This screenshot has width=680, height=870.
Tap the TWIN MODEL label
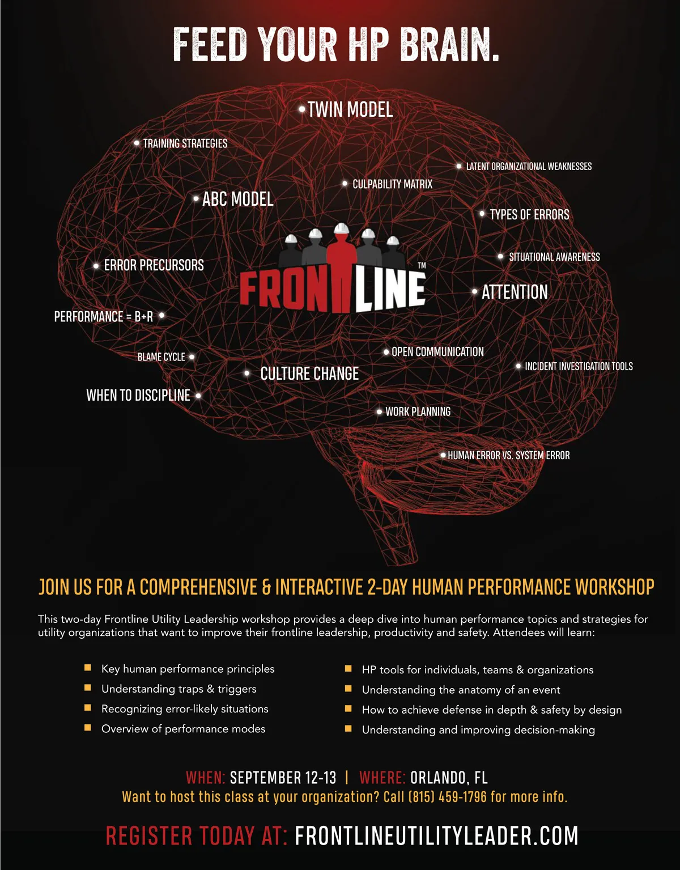tap(350, 109)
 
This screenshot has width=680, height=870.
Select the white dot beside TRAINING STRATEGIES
tap(137, 143)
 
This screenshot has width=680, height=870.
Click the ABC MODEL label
tap(237, 199)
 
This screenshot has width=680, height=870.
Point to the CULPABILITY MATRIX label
tap(392, 184)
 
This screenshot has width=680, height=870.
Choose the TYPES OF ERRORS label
tap(529, 215)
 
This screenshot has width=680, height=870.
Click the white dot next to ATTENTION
tap(475, 292)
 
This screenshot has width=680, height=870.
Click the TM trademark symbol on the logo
tap(422, 265)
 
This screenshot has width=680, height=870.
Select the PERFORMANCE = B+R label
tap(103, 316)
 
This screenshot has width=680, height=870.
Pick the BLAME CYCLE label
tap(161, 357)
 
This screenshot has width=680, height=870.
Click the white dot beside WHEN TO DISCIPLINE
tap(198, 396)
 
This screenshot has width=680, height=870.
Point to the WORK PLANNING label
tap(418, 412)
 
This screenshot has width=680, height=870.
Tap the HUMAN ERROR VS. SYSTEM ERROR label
tap(508, 455)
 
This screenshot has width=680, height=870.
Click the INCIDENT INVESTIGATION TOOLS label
tap(579, 367)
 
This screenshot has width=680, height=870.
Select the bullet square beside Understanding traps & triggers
tap(88, 688)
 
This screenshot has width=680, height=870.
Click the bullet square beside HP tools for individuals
tap(348, 669)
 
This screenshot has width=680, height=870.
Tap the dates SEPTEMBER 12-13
tap(283, 778)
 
